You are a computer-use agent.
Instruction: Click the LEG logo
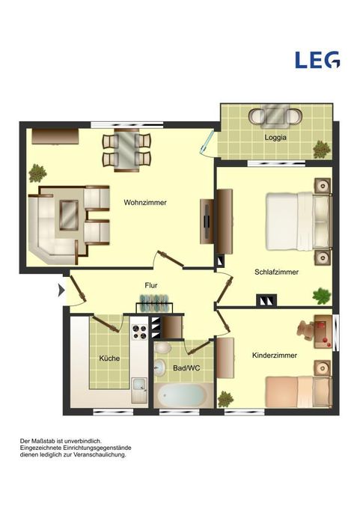tap(317, 60)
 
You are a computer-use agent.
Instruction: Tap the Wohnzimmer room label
tap(145, 203)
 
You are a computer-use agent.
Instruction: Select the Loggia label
tap(275, 137)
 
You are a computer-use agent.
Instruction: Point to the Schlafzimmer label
tap(276, 272)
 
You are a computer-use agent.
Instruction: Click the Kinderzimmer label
tap(275, 356)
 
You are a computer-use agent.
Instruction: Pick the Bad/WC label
tap(186, 368)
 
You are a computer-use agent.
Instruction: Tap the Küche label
tap(109, 359)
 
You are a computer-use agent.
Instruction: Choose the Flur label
tap(151, 285)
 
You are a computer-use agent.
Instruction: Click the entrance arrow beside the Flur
tap(61, 290)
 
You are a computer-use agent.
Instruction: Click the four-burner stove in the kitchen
tap(140, 332)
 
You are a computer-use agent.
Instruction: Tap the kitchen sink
tap(139, 390)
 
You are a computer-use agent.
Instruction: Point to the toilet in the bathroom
tap(162, 347)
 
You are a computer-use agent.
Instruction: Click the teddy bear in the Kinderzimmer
tap(305, 330)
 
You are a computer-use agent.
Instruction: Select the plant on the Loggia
tap(322, 149)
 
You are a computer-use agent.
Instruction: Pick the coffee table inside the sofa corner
tap(69, 216)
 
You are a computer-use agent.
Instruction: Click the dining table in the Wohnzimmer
tap(126, 150)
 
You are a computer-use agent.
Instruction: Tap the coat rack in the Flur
tap(154, 304)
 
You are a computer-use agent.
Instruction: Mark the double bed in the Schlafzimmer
tap(299, 222)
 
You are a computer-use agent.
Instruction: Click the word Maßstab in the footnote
tap(43, 441)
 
